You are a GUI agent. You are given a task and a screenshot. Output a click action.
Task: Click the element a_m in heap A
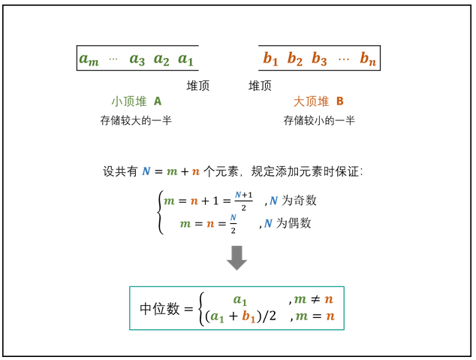(89, 59)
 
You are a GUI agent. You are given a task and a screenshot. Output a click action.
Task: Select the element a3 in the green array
(137, 59)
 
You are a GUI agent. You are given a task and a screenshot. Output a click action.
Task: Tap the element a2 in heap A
(161, 59)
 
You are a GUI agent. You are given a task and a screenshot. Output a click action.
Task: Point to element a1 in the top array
(185, 59)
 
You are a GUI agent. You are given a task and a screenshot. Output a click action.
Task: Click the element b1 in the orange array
(270, 59)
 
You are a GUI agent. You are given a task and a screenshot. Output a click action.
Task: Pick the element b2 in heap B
(294, 59)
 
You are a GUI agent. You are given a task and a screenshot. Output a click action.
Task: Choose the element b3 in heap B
(319, 59)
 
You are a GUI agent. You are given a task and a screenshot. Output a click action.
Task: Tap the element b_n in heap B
(367, 59)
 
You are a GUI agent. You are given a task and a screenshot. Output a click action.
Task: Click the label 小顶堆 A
(136, 101)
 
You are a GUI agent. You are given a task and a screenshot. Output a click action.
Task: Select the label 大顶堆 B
(318, 101)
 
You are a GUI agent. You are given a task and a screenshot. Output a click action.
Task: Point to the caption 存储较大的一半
(136, 120)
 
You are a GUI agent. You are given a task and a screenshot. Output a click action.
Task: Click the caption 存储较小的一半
(319, 120)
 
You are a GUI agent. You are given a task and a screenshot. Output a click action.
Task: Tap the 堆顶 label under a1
(197, 86)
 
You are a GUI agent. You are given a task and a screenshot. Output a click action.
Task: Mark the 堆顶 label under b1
(260, 86)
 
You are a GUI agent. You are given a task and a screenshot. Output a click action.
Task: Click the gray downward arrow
(237, 258)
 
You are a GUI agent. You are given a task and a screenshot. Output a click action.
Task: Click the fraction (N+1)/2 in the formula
(242, 201)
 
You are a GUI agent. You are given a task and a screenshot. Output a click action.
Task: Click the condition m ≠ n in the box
(315, 300)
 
